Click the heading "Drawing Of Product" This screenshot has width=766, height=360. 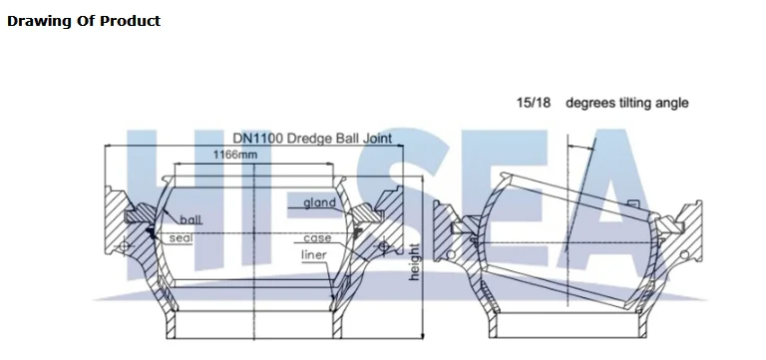84,21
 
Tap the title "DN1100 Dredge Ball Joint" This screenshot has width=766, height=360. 312,139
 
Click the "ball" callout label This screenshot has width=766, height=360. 191,219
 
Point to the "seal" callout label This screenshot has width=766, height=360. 182,238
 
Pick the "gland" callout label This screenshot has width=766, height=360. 320,202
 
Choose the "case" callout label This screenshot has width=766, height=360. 317,238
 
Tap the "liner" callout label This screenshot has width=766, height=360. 313,254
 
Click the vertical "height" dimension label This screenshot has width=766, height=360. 414,262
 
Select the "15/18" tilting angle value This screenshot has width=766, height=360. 534,103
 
